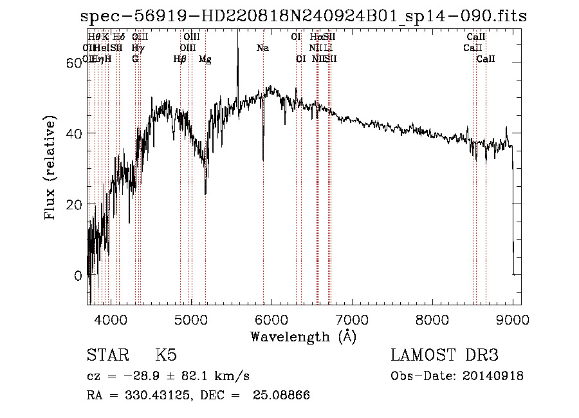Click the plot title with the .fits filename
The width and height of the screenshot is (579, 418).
304,16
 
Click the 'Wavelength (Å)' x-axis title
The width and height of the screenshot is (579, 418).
303,336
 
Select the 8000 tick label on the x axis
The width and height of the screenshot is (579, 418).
432,319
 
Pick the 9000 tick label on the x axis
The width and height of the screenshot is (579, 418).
513,319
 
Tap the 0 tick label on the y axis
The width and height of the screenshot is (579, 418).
78,276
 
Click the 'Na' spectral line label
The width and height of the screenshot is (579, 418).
262,48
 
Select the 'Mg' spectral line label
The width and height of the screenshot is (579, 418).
205,59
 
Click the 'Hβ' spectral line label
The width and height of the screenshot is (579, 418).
180,59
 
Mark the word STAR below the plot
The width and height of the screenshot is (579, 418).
106,356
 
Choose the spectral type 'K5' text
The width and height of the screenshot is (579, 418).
166,356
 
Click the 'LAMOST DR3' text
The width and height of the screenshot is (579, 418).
445,356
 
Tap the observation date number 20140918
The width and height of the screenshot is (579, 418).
491,376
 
